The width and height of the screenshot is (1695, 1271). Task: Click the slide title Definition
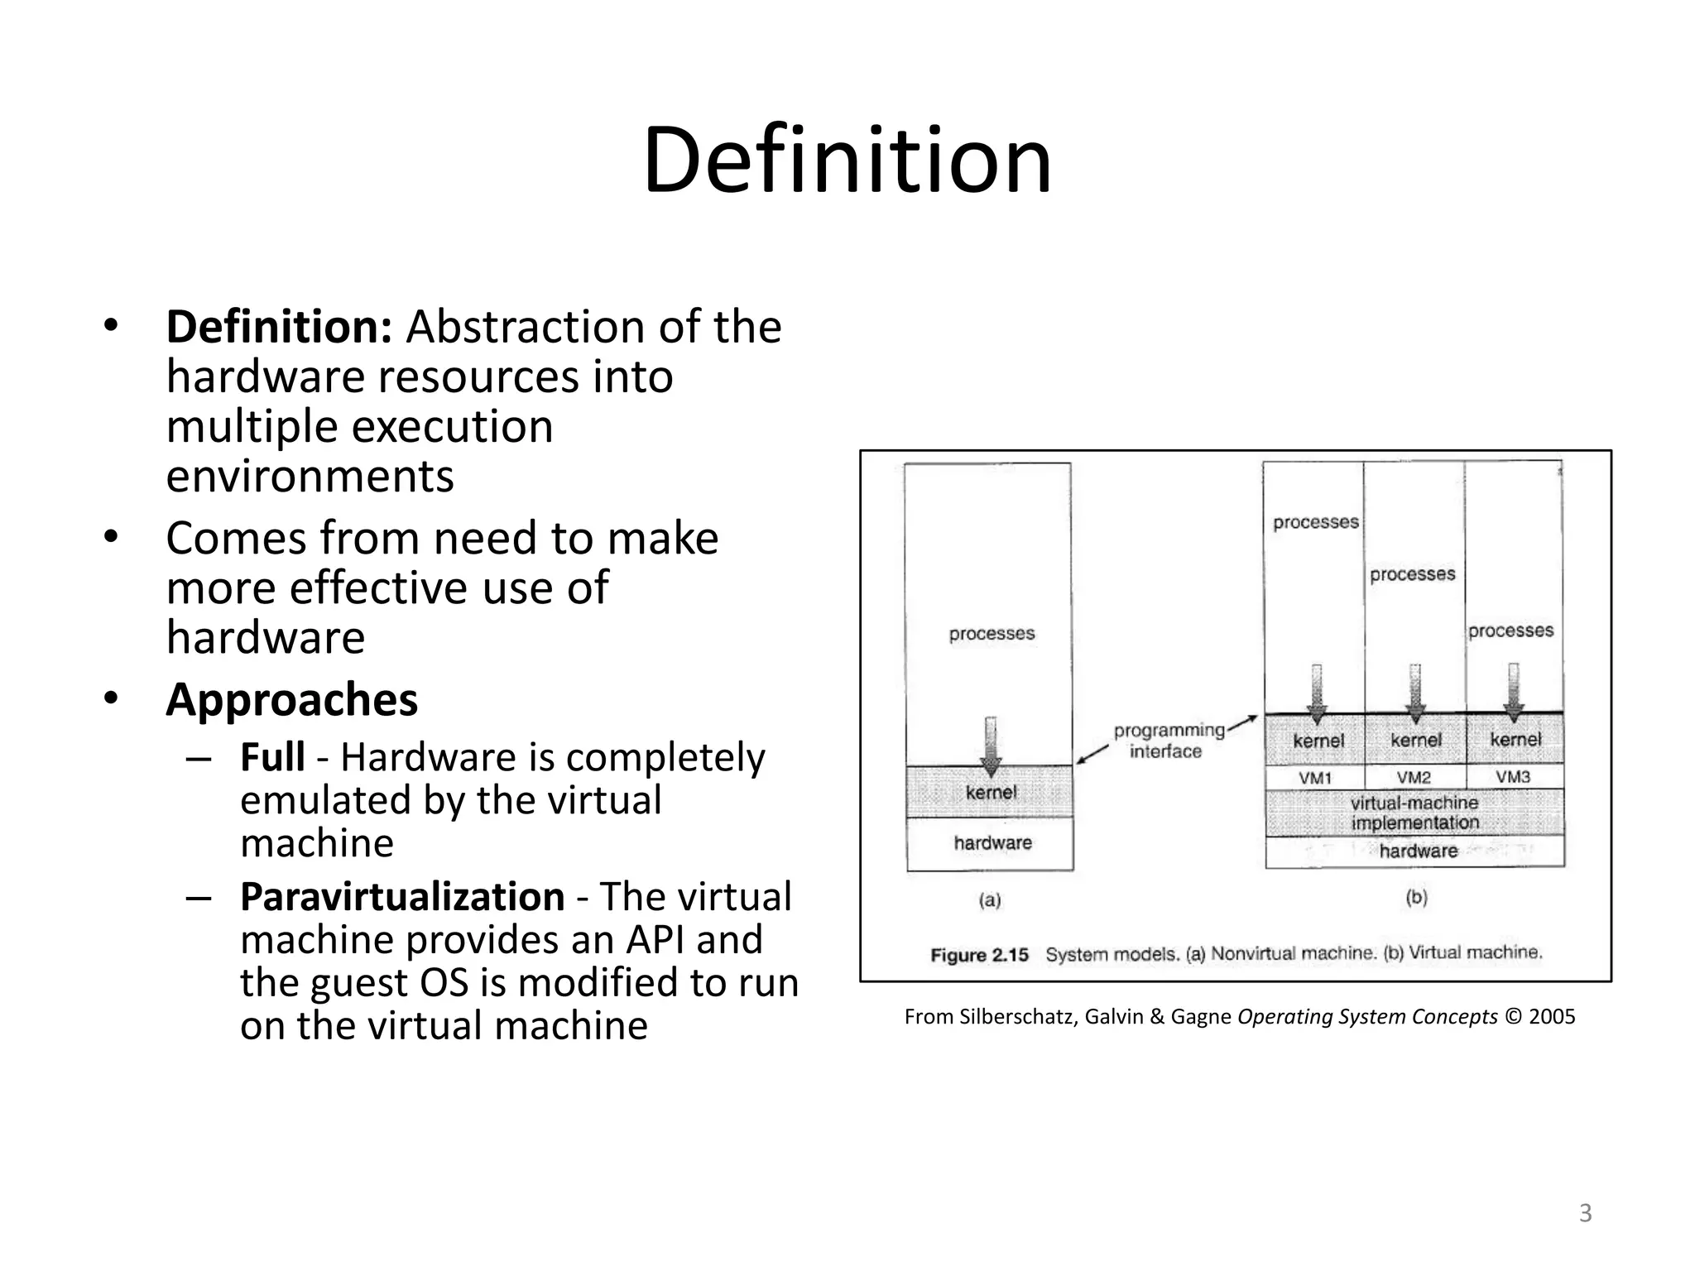(x=847, y=160)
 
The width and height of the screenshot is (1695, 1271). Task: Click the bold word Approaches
(x=291, y=700)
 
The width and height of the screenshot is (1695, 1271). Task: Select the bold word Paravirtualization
(x=402, y=897)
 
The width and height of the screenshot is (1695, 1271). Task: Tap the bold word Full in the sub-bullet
(x=272, y=757)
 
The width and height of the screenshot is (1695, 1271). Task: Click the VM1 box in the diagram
(x=1314, y=778)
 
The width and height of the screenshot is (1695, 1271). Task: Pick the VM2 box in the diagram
(x=1414, y=778)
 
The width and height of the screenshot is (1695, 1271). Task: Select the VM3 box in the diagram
(x=1513, y=777)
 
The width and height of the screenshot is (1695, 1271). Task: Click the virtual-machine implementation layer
(x=1414, y=813)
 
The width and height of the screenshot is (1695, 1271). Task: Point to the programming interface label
(x=1168, y=741)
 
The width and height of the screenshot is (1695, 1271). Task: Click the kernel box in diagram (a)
(x=991, y=793)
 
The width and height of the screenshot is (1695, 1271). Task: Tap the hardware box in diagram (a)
(x=992, y=843)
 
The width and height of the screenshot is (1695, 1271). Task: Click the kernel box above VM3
(x=1515, y=740)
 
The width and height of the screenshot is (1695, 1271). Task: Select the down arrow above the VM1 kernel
(x=1316, y=693)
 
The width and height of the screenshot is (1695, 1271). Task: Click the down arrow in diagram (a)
(x=991, y=745)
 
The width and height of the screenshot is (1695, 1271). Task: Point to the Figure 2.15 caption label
(x=979, y=955)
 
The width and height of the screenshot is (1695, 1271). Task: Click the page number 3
(x=1585, y=1213)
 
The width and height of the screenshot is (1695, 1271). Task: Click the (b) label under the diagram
(x=1416, y=897)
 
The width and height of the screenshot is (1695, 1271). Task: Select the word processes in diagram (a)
(x=992, y=634)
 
